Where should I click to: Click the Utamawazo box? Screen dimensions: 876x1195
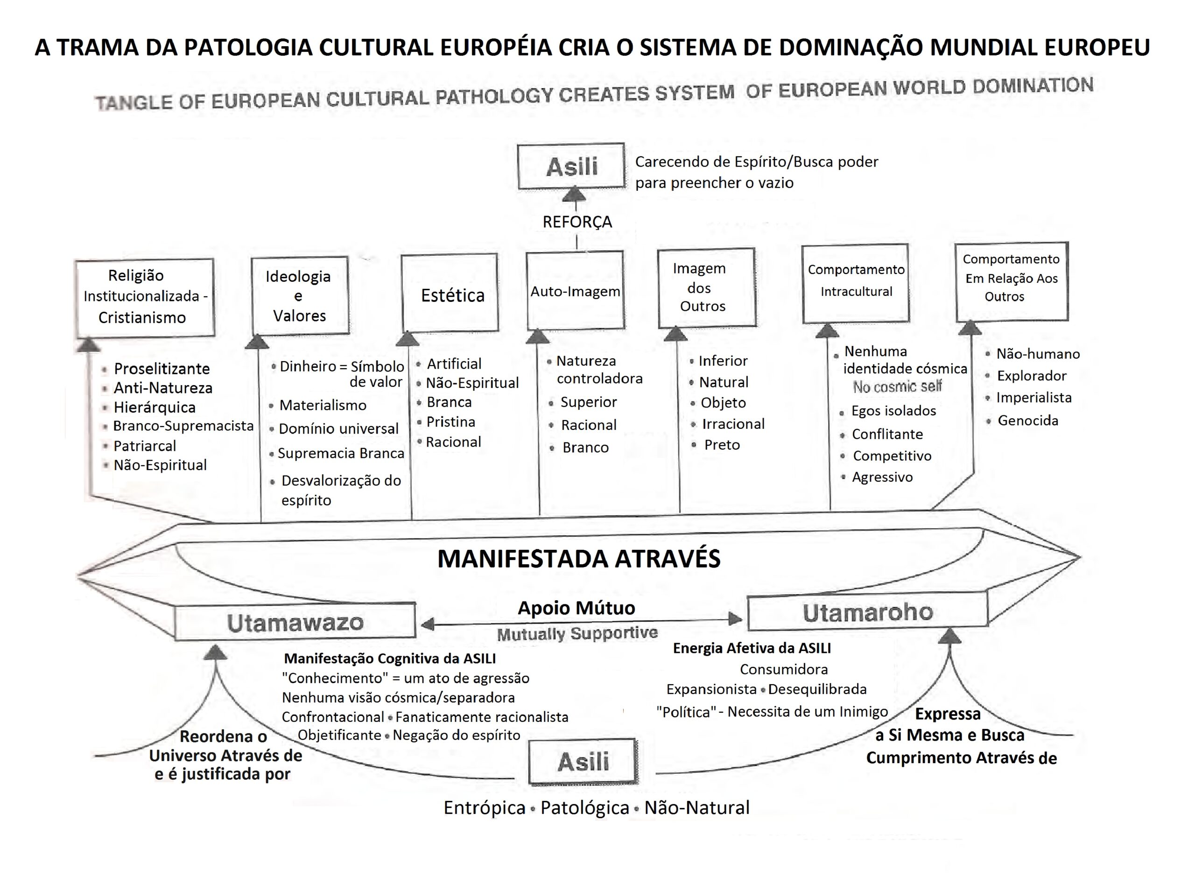(295, 623)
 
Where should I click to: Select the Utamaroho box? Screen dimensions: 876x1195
(867, 612)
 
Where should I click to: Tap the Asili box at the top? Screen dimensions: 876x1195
(571, 167)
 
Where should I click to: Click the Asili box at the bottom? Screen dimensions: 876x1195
(583, 762)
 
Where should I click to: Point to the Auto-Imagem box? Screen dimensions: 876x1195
(575, 291)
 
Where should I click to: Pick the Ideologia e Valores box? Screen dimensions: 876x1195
(300, 295)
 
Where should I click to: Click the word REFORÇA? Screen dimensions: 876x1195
(577, 222)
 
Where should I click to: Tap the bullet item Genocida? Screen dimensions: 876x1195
(1027, 421)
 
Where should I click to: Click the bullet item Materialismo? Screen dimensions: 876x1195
(323, 406)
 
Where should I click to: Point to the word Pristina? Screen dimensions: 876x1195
(451, 422)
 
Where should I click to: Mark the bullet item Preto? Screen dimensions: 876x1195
(721, 445)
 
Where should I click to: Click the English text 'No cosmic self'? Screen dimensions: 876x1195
(897, 387)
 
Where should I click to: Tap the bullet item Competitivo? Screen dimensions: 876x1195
(892, 456)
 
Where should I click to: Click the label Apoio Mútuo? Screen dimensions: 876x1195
(576, 608)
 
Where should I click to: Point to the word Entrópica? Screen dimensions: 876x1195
(484, 807)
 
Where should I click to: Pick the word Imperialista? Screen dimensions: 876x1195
(1033, 398)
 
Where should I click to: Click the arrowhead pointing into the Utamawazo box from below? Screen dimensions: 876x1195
(215, 653)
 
